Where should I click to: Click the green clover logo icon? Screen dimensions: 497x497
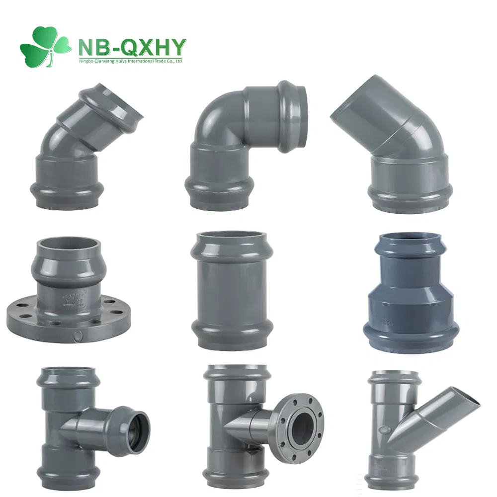point(45,46)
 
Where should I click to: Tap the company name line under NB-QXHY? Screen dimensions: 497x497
point(131,61)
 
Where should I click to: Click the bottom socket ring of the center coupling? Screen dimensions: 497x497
point(231,338)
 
